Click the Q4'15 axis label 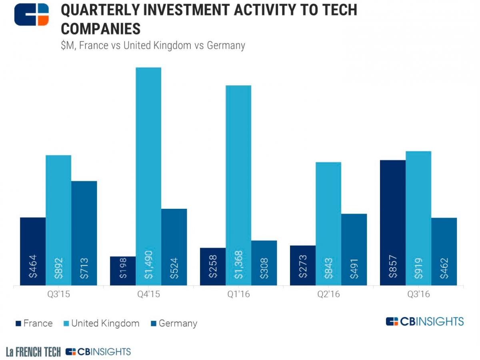coord(148,294)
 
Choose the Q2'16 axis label coord(328,294)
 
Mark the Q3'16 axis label coord(418,294)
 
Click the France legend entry coord(34,323)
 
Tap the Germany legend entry coord(174,323)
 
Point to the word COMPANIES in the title coord(101,29)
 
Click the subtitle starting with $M coord(153,45)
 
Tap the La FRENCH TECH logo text coord(33,352)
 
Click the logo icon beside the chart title coord(32,14)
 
